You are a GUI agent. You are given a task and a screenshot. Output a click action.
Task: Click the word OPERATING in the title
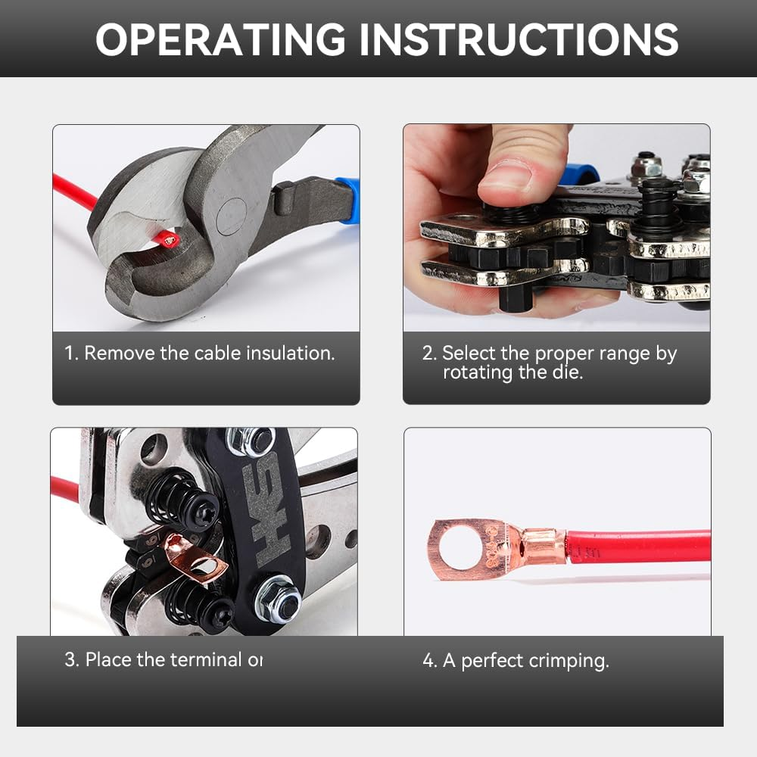220,39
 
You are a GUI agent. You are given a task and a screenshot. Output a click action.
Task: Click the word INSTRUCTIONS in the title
519,39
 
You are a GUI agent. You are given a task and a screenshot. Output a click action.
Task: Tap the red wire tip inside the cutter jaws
169,240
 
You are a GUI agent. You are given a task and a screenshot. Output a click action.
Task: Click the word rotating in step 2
477,372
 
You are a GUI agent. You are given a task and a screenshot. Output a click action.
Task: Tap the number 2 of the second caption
428,354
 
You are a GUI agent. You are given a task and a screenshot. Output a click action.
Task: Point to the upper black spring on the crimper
173,496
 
